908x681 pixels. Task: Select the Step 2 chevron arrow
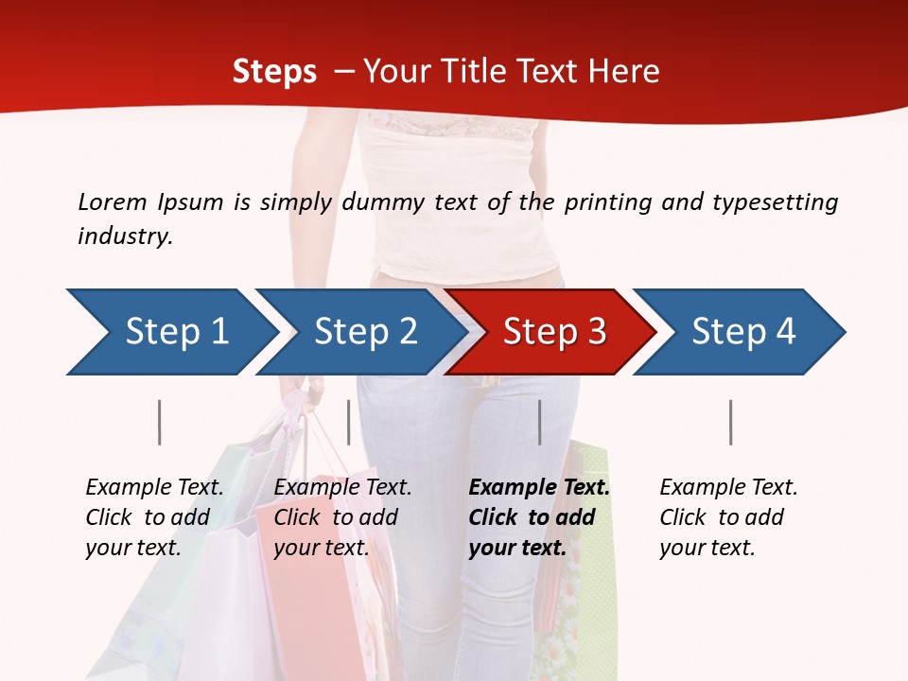(364, 332)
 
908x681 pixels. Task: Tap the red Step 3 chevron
(552, 332)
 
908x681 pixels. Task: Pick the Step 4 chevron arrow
(742, 332)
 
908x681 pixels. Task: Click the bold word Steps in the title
(274, 72)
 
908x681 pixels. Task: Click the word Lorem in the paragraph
(112, 201)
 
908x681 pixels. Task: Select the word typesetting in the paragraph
(775, 201)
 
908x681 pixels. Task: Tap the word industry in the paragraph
(124, 236)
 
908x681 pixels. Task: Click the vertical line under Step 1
(160, 422)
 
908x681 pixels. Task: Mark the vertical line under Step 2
(349, 422)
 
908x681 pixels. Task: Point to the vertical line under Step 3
(539, 422)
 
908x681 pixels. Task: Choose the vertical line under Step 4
(730, 422)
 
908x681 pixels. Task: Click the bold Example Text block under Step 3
(538, 517)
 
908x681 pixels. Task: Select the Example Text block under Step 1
(154, 517)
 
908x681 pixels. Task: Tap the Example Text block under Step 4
(727, 517)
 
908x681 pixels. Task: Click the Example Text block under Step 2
(342, 517)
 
